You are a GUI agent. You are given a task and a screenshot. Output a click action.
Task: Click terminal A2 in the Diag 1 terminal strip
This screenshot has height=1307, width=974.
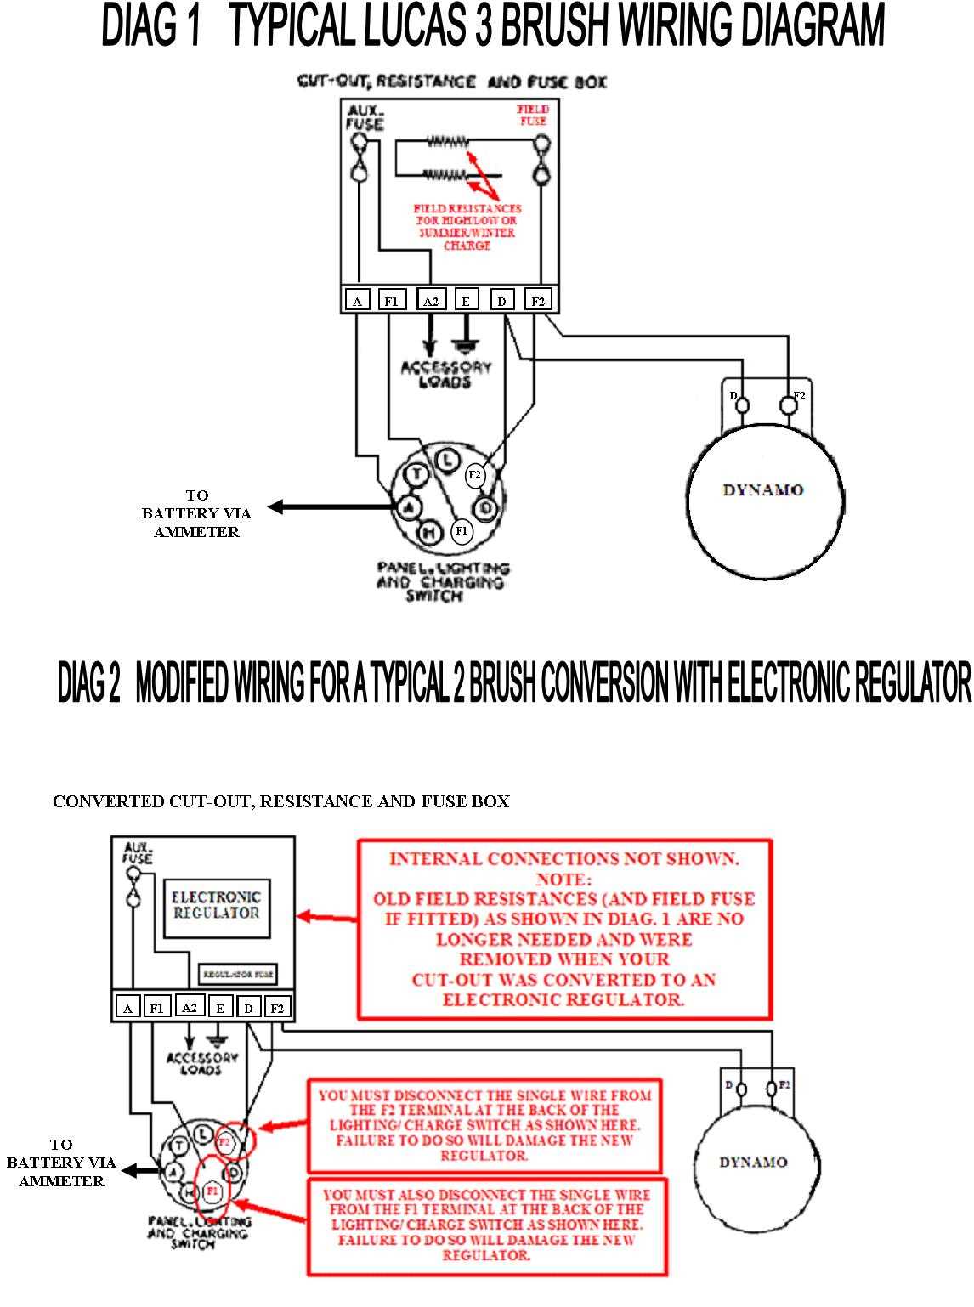tap(430, 301)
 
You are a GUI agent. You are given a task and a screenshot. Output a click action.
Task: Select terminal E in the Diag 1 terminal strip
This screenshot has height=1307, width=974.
tap(466, 301)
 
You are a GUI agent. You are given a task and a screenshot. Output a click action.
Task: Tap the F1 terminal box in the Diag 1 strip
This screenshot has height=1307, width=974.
tap(391, 301)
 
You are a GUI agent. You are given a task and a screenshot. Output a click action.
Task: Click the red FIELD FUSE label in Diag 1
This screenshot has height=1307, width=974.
tap(533, 116)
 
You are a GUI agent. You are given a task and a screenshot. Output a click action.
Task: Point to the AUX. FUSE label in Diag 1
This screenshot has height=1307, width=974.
tap(365, 118)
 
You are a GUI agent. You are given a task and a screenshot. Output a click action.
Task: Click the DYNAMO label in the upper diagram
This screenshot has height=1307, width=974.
tap(762, 490)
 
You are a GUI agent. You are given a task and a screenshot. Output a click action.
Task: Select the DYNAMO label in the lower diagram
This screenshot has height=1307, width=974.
tap(752, 1162)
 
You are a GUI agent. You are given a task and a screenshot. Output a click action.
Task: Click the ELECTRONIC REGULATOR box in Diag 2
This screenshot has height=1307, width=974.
tap(216, 906)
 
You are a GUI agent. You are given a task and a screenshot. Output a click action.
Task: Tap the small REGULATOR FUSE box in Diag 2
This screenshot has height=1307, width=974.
tap(237, 974)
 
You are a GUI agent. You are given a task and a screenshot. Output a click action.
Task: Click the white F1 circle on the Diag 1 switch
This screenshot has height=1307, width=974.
tap(462, 531)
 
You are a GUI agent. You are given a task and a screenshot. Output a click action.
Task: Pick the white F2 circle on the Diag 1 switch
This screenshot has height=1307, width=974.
tap(475, 475)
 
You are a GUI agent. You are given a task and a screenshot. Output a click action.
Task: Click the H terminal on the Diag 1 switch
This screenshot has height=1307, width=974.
tap(430, 533)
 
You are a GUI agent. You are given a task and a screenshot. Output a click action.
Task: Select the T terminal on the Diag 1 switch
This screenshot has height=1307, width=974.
tap(416, 474)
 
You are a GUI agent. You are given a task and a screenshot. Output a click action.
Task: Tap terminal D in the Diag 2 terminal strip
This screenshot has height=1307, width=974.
tap(248, 1009)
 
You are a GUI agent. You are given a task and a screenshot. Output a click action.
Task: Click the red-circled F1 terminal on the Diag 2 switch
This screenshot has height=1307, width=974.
tap(212, 1191)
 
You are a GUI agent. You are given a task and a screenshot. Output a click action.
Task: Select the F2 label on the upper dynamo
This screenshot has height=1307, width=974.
tap(799, 395)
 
